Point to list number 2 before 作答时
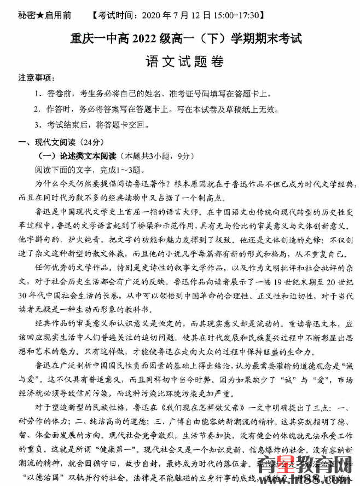coord(37,109)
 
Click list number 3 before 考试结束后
coord(37,124)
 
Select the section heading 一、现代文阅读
coord(50,143)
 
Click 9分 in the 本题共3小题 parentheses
coord(178,156)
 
